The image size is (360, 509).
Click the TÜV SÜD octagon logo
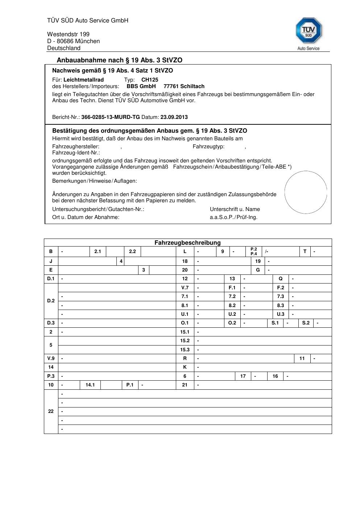309,31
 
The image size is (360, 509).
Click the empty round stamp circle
306,192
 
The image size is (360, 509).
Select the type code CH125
150,80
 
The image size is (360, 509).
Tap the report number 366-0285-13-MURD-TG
111,117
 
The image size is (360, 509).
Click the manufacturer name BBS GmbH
141,86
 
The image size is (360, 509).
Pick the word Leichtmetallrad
84,80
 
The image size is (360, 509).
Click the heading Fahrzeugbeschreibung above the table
187,243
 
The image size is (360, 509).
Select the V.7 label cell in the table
185,287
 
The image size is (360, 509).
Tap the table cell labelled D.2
51,301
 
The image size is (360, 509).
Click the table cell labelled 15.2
185,341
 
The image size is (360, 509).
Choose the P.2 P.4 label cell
254,252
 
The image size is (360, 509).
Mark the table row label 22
51,411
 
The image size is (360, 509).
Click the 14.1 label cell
90,385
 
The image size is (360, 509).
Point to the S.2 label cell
306,323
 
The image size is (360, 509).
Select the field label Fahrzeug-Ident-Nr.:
76,153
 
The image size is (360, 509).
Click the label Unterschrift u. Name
235,209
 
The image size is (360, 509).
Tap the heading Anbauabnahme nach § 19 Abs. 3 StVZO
120,60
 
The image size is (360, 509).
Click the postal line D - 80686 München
73,41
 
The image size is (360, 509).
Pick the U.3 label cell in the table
281,314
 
